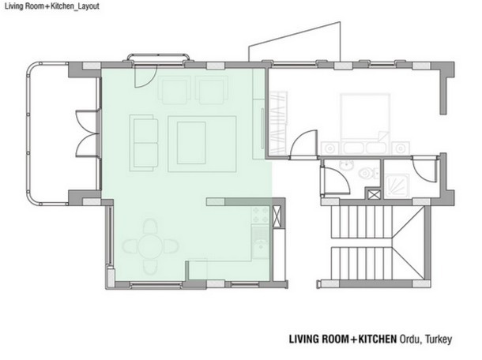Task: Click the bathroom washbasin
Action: (x=345, y=166)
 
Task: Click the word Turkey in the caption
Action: (x=439, y=339)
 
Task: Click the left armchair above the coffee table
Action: (x=174, y=91)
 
